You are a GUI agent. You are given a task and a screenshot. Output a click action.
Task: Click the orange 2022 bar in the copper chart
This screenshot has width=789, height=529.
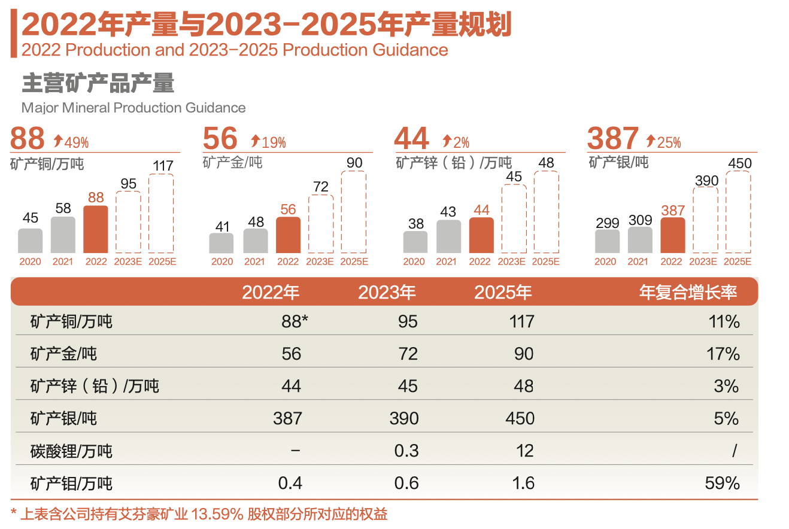pyautogui.click(x=96, y=229)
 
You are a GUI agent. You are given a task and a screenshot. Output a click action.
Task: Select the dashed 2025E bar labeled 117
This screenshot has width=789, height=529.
pyautogui.click(x=161, y=213)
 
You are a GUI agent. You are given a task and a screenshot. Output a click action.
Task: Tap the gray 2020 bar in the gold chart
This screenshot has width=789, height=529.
pyautogui.click(x=221, y=243)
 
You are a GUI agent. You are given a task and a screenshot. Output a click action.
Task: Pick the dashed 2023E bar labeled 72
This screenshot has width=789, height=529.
pyautogui.click(x=321, y=224)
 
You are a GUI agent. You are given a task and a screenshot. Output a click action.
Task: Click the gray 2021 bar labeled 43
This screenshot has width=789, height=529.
pyautogui.click(x=449, y=236)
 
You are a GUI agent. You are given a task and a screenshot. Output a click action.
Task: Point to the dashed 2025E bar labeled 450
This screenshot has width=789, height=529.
pyautogui.click(x=738, y=212)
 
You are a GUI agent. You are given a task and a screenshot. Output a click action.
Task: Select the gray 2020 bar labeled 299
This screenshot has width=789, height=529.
pyautogui.click(x=607, y=241)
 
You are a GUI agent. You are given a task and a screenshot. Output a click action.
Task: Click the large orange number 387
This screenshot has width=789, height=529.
pyautogui.click(x=612, y=138)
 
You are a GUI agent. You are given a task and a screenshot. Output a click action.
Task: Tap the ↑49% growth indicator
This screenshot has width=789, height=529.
pyautogui.click(x=71, y=142)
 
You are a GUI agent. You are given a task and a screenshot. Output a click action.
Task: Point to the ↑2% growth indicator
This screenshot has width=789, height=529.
pyautogui.click(x=456, y=142)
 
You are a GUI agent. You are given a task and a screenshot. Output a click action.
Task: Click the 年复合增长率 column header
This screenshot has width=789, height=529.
pyautogui.click(x=688, y=292)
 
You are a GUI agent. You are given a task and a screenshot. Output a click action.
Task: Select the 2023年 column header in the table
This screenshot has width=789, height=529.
pyautogui.click(x=387, y=292)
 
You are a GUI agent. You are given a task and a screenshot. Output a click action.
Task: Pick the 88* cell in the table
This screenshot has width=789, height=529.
pyautogui.click(x=295, y=322)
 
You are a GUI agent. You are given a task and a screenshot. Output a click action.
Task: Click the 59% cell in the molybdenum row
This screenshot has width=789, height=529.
pyautogui.click(x=722, y=483)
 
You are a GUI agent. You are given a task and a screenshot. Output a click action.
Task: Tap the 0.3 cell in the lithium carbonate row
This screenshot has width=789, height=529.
pyautogui.click(x=406, y=451)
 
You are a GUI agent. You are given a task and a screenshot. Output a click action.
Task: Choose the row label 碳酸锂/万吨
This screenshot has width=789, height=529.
pyautogui.click(x=71, y=451)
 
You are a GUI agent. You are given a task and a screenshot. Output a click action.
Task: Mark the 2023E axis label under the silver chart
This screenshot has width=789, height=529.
pyautogui.click(x=704, y=262)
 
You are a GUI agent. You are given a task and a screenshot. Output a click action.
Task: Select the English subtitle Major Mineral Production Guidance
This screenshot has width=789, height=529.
pyautogui.click(x=133, y=108)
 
